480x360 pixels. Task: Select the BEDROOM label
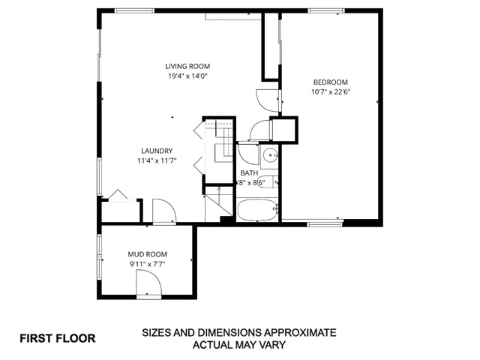click(330, 82)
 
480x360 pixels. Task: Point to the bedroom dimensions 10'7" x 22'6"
click(330, 91)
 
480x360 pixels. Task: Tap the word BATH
click(249, 172)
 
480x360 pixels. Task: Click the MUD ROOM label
click(147, 254)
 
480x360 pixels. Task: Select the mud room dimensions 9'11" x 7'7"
click(147, 264)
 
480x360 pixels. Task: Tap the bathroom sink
click(269, 156)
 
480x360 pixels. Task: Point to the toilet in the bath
click(274, 182)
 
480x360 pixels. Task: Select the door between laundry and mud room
click(163, 211)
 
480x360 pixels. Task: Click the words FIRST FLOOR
click(57, 338)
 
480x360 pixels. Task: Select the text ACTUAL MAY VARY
click(239, 345)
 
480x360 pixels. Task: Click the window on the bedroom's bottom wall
click(325, 222)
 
